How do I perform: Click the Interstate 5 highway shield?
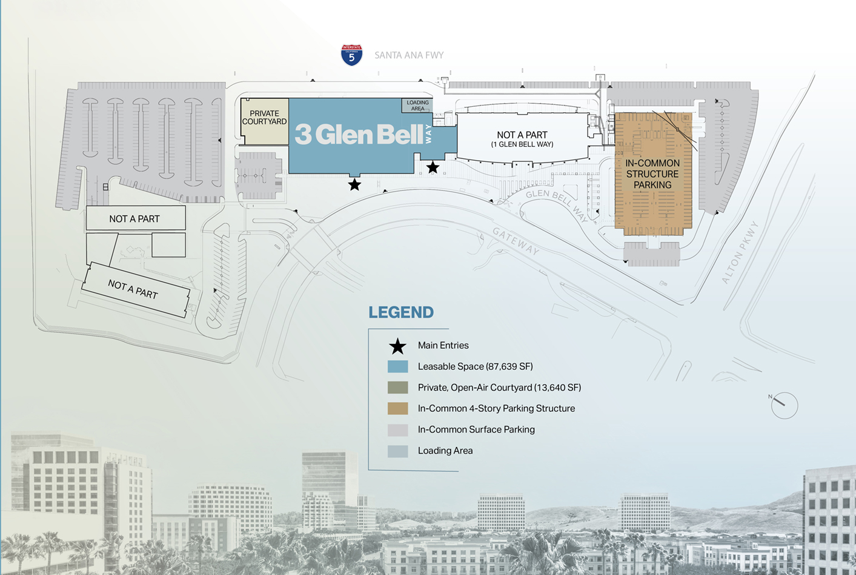tap(351, 55)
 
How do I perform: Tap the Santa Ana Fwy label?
tap(409, 55)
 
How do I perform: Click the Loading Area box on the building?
tap(417, 106)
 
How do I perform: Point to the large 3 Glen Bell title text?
tap(359, 135)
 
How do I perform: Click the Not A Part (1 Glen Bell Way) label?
tap(522, 139)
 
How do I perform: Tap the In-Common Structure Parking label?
tap(652, 174)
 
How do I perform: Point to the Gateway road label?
tap(516, 241)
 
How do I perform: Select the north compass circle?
tap(784, 405)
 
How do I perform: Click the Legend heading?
tap(401, 312)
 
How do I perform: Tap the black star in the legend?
tap(397, 346)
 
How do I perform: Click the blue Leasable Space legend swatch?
tap(397, 366)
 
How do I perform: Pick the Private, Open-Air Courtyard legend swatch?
tap(397, 388)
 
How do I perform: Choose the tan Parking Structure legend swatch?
tap(397, 408)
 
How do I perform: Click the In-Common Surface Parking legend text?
tap(476, 429)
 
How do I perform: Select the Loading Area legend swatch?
tap(397, 451)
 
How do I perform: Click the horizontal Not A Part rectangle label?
tap(134, 219)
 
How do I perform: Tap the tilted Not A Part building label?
tap(133, 289)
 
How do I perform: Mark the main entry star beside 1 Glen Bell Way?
tap(433, 167)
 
